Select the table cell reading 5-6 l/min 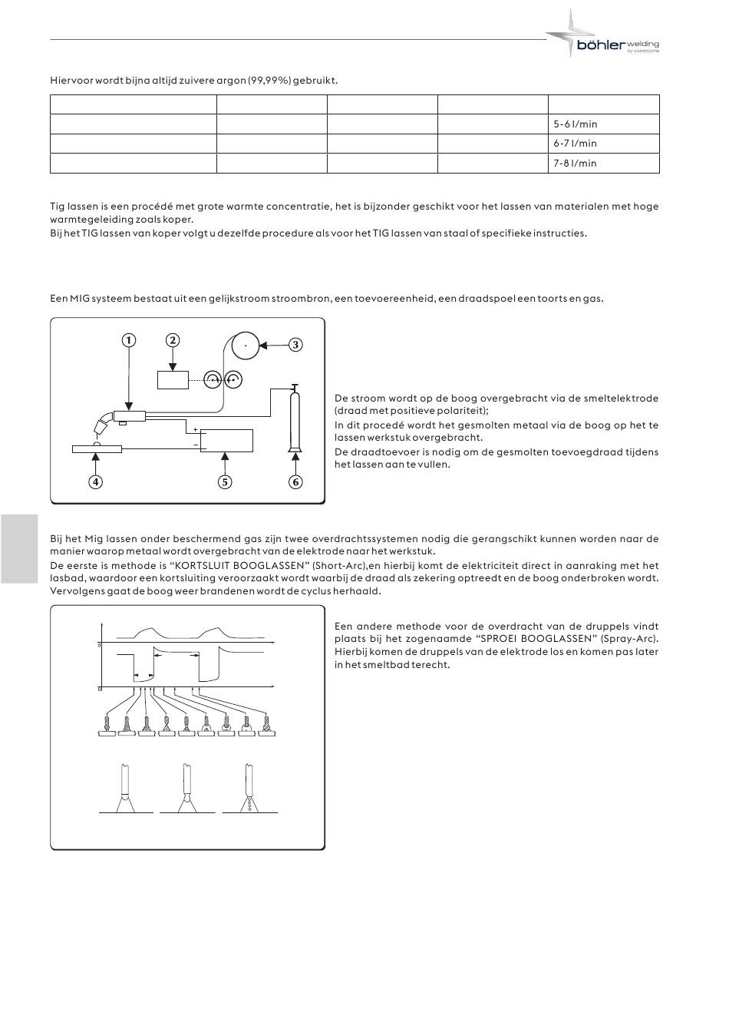(603, 124)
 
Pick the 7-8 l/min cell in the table (603, 164)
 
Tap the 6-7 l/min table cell (603, 144)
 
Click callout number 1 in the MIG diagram (129, 340)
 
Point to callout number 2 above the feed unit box (173, 340)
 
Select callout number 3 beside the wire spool (295, 345)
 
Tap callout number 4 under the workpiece (95, 482)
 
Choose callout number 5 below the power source (225, 482)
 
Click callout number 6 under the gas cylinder (296, 482)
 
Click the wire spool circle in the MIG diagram (246, 346)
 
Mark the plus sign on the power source (196, 429)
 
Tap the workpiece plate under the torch (95, 448)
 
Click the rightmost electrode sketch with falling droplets (249, 791)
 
